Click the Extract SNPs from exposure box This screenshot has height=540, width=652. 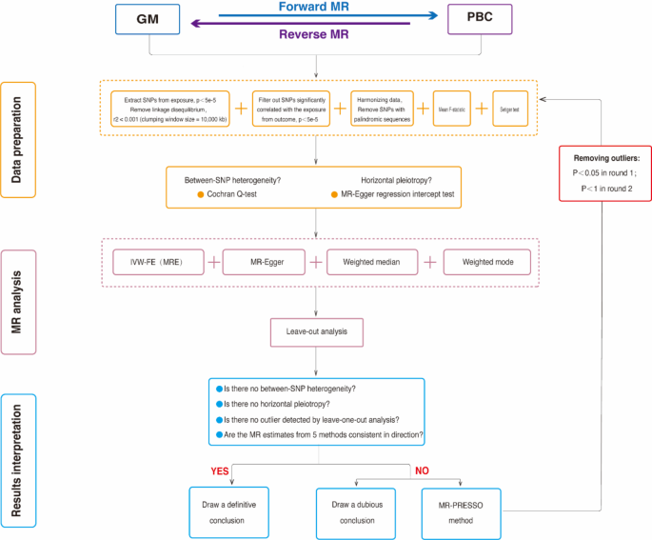(x=169, y=109)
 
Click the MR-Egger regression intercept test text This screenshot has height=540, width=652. (x=392, y=194)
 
